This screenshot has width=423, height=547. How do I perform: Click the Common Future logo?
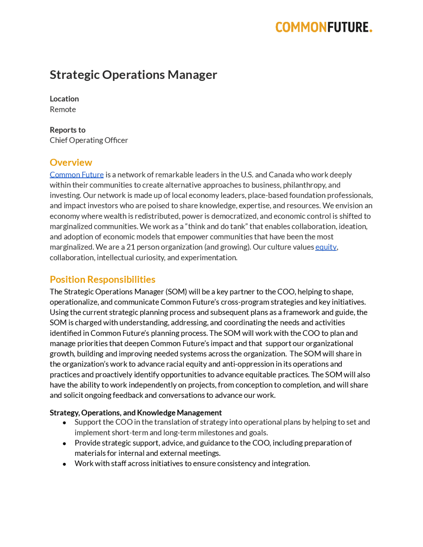point(324,27)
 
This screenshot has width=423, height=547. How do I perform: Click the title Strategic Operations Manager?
point(133,75)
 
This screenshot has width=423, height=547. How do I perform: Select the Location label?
point(64,99)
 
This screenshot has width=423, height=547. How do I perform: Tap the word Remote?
point(63,109)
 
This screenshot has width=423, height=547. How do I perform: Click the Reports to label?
point(67,130)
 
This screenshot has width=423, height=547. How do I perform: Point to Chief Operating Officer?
point(89,140)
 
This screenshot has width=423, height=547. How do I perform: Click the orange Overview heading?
point(71,163)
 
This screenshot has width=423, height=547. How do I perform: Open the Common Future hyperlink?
point(77,175)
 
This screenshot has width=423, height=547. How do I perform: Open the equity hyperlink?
point(326,247)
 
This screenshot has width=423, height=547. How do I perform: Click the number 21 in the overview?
point(131,247)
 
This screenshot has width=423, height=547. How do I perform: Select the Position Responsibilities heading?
point(102,279)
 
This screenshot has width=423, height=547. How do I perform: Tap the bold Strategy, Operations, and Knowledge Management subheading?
point(135,413)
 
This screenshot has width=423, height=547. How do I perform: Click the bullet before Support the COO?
point(64,423)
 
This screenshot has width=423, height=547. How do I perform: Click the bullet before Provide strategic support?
point(64,444)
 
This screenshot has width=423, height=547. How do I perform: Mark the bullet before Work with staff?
point(64,464)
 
